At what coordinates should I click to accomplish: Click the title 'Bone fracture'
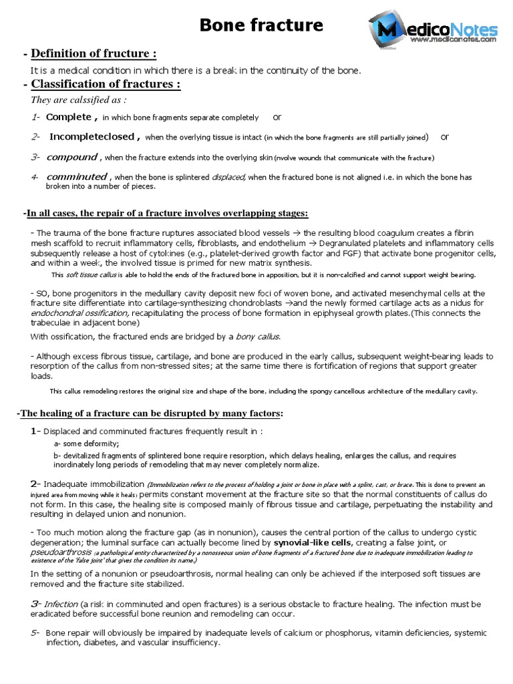[x=262, y=26]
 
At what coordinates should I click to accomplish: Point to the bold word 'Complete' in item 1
[x=69, y=117]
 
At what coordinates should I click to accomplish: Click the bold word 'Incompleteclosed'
[x=92, y=137]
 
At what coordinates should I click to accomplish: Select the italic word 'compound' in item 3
[x=71, y=157]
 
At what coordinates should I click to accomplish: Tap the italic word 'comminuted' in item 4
[x=76, y=177]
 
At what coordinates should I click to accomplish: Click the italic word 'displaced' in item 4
[x=228, y=178]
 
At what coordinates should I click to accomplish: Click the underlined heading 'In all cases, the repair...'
[x=166, y=213]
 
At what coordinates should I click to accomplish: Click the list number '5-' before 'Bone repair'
[x=35, y=633]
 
